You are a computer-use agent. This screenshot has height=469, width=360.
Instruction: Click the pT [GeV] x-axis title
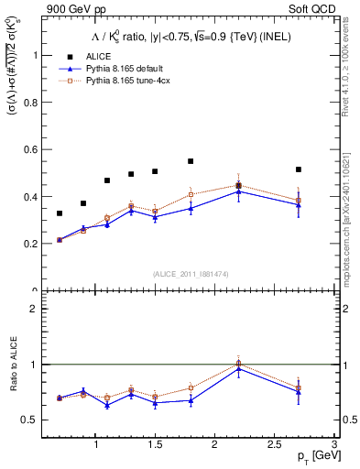(314, 455)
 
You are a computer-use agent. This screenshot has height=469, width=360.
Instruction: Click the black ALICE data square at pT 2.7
(299, 169)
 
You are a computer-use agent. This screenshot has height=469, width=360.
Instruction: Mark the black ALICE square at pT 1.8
(191, 161)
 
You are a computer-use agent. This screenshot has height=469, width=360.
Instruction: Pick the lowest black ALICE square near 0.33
(60, 213)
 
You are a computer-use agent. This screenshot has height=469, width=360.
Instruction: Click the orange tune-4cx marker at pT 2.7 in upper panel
(299, 201)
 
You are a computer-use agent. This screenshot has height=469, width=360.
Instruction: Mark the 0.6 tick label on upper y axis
(32, 149)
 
